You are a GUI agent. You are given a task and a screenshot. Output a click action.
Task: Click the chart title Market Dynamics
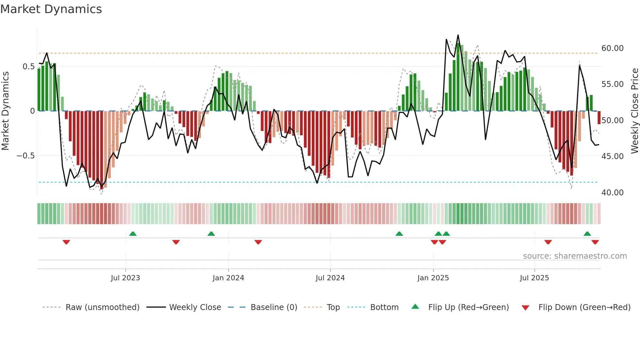(x=51, y=9)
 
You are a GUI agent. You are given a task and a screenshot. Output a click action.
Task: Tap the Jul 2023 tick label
(x=125, y=278)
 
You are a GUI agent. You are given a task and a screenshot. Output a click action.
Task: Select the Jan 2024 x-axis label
(x=228, y=278)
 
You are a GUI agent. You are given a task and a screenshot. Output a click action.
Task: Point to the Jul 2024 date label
(x=330, y=278)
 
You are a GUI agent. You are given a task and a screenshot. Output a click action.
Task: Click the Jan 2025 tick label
(x=433, y=278)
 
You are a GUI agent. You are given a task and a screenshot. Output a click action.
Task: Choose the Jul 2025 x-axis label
(x=534, y=278)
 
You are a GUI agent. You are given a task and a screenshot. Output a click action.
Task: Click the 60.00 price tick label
(x=612, y=48)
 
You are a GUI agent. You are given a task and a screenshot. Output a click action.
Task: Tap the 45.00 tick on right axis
(x=612, y=156)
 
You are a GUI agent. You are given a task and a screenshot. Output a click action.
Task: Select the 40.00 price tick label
(x=612, y=193)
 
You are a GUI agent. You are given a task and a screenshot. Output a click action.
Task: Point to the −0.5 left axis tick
(x=25, y=156)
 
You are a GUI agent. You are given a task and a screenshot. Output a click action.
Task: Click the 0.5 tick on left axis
(x=28, y=67)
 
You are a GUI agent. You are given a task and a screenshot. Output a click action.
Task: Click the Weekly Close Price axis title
(x=634, y=111)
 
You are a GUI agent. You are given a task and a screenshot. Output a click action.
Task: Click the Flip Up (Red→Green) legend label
(x=468, y=307)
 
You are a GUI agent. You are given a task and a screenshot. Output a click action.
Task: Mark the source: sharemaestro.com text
(x=575, y=256)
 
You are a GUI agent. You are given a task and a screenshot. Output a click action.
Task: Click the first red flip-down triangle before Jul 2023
(x=66, y=242)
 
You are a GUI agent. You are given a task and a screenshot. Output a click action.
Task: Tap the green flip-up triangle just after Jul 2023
(x=133, y=234)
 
